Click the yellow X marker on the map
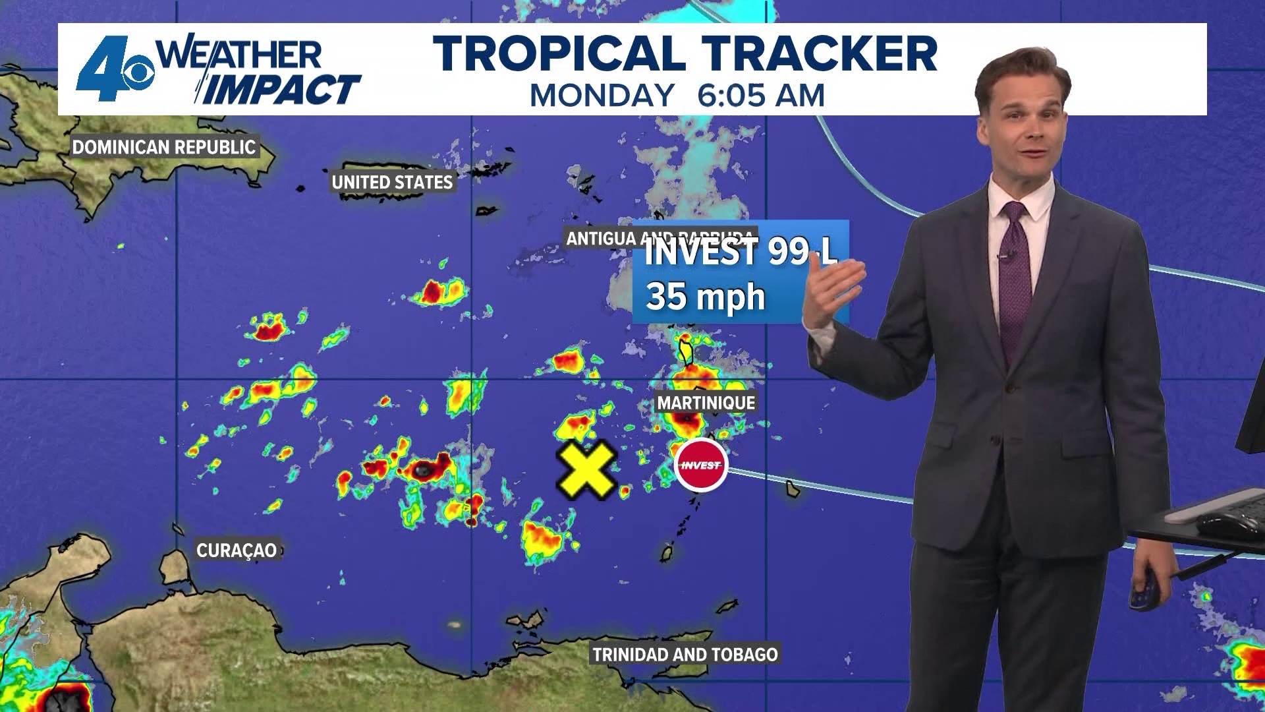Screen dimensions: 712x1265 pos(586,469)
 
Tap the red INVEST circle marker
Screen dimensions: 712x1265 pos(701,465)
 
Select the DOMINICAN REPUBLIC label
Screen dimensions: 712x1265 pos(164,147)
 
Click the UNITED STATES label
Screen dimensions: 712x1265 pos(392,183)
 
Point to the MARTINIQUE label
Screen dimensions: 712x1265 pos(706,403)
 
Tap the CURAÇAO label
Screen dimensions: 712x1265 pos(237,550)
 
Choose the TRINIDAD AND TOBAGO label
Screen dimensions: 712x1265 pos(685,655)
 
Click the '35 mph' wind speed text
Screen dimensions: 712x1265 pos(706,297)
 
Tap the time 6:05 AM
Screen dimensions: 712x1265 pos(761,96)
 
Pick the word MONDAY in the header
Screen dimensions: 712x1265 pos(602,96)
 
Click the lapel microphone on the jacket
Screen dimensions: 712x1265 pos(1006,255)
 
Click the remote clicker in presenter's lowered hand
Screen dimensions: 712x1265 pos(1144,590)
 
